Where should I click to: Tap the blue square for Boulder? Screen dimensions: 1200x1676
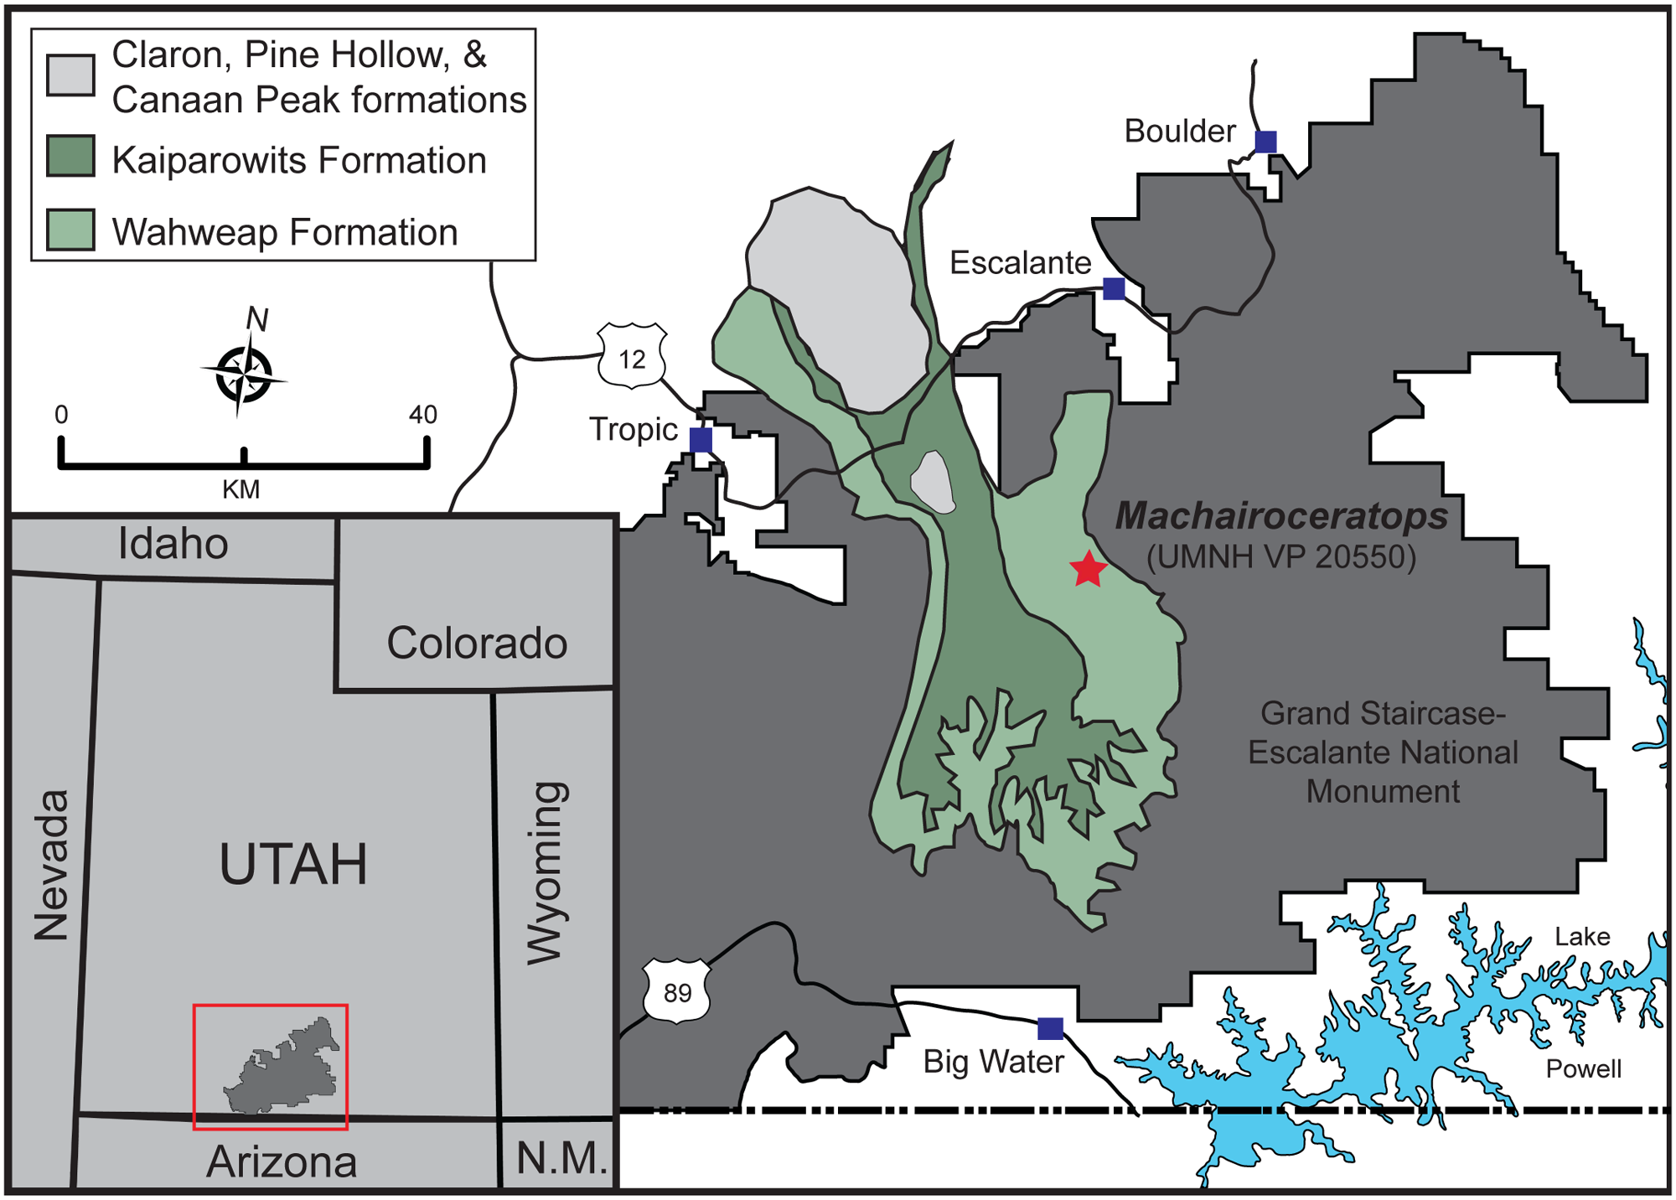(1265, 142)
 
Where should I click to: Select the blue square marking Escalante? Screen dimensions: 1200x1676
(1114, 288)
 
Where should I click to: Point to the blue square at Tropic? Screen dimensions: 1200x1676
(701, 439)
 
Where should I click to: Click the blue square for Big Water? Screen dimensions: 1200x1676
(1050, 1028)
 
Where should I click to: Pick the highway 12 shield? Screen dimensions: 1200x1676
(632, 358)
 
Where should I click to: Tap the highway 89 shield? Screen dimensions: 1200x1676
(677, 992)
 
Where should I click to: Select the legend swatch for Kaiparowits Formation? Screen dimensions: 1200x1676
(70, 157)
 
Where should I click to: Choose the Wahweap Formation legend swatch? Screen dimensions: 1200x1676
(70, 230)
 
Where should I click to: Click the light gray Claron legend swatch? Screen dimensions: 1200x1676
(70, 75)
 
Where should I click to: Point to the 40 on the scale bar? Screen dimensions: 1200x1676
(423, 415)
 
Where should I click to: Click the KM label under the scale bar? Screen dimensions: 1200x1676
(241, 489)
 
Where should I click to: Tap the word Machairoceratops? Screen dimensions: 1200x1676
(1281, 516)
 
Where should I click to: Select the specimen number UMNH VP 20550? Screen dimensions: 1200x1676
(1281, 556)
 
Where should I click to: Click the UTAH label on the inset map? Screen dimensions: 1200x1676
(293, 864)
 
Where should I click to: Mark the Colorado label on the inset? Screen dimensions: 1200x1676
(477, 643)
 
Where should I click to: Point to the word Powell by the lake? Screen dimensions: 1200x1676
(1584, 1068)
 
